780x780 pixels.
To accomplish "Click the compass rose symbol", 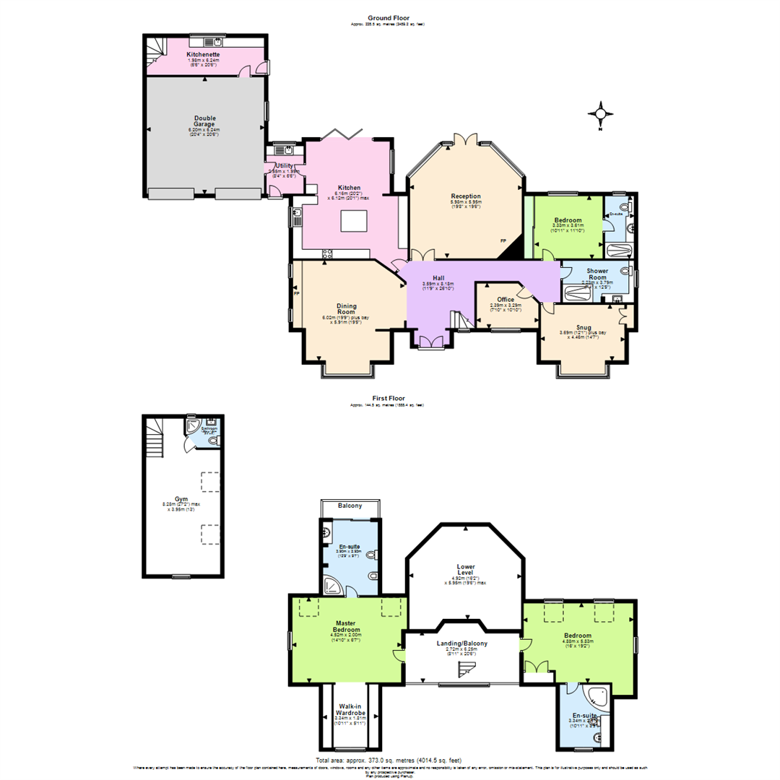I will click(x=600, y=114).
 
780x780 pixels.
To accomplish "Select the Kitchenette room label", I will click(x=203, y=54).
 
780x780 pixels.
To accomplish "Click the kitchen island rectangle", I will click(x=355, y=220).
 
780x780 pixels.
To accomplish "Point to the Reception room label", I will click(x=466, y=196).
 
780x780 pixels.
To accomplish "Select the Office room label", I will click(x=506, y=299).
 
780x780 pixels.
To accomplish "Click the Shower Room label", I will click(x=597, y=274).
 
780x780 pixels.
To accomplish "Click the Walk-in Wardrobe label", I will click(x=350, y=709).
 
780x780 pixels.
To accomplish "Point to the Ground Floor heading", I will click(x=390, y=17).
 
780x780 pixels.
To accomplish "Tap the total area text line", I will click(x=389, y=760).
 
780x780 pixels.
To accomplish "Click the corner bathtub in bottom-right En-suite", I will click(x=598, y=697).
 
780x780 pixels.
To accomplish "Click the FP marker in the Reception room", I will click(x=503, y=241).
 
